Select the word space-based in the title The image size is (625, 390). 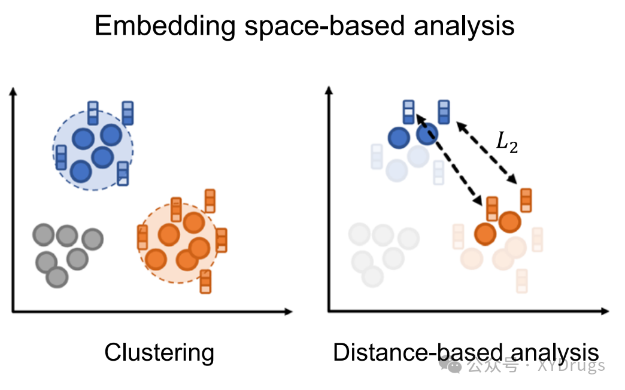(x=324, y=27)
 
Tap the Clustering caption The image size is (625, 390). (x=159, y=353)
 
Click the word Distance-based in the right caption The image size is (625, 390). (x=418, y=352)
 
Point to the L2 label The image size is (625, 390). (x=506, y=142)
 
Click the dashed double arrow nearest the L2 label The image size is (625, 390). (x=487, y=153)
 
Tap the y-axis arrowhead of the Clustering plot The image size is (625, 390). (x=13, y=92)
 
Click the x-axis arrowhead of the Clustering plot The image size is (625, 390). (x=289, y=312)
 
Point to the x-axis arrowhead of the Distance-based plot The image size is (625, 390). (x=605, y=310)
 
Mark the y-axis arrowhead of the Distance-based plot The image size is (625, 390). (x=329, y=90)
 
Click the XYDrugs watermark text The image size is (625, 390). (x=571, y=365)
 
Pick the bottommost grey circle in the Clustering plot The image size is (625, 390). (x=57, y=278)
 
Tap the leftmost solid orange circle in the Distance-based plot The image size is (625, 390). (x=486, y=234)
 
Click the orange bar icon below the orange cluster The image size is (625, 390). (x=205, y=282)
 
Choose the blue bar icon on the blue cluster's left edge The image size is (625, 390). (x=61, y=157)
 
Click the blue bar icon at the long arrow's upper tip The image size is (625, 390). (x=409, y=112)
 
